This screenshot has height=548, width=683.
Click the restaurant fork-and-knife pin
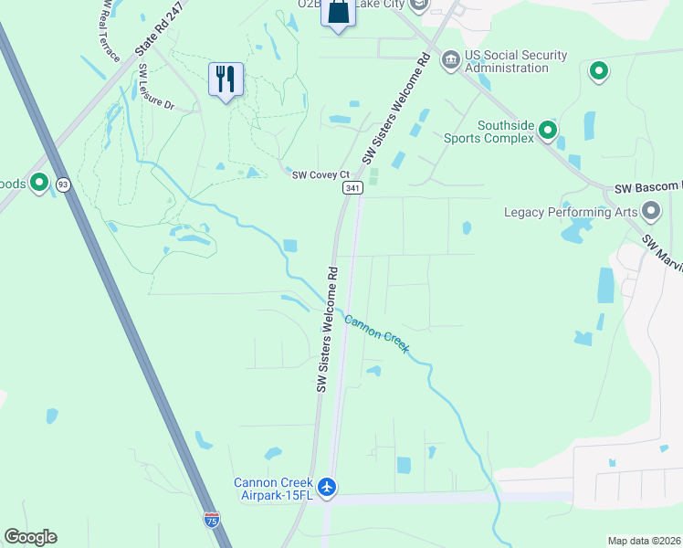click(226, 79)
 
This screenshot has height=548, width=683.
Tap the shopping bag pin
click(338, 13)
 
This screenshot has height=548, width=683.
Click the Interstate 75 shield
click(212, 520)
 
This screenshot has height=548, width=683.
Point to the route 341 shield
click(353, 187)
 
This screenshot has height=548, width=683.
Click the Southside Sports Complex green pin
click(548, 131)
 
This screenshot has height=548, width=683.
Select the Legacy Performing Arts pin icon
click(651, 212)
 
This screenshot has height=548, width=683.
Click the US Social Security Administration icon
click(451, 61)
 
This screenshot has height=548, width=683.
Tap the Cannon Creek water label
click(376, 332)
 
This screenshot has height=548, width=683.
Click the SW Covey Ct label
click(320, 174)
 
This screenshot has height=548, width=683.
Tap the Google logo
click(30, 537)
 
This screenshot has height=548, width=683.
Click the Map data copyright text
click(645, 541)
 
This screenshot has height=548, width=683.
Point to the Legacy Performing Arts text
click(571, 212)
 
